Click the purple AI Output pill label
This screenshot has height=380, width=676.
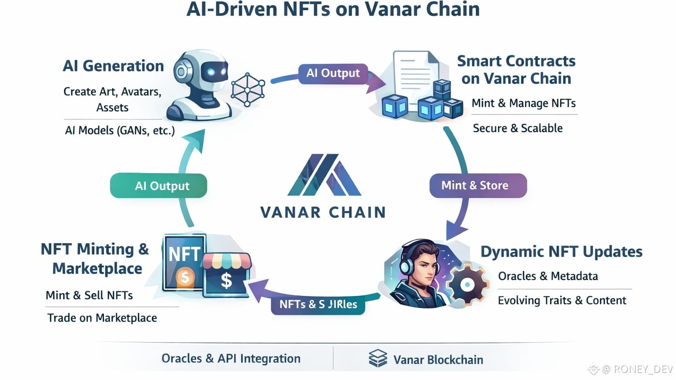coord(333,73)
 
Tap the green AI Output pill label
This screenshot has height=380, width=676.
coord(158,186)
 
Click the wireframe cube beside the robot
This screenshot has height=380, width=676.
coord(248,90)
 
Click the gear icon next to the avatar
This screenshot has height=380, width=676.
coord(467,284)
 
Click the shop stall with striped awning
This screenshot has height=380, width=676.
coord(226,274)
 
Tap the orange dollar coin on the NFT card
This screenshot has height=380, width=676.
coord(185,277)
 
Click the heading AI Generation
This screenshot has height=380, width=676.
coord(113,66)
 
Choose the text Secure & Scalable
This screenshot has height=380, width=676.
coord(518,128)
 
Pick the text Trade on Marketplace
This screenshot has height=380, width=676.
coord(102,318)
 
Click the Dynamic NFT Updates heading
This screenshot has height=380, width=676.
coord(561,251)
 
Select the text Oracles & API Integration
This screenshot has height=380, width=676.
coord(231,358)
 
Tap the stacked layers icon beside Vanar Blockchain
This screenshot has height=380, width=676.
coord(378,358)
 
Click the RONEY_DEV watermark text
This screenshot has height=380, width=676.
coord(643,369)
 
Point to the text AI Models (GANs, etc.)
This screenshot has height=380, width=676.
coord(120,131)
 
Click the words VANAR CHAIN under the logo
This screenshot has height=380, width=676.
coord(323,213)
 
